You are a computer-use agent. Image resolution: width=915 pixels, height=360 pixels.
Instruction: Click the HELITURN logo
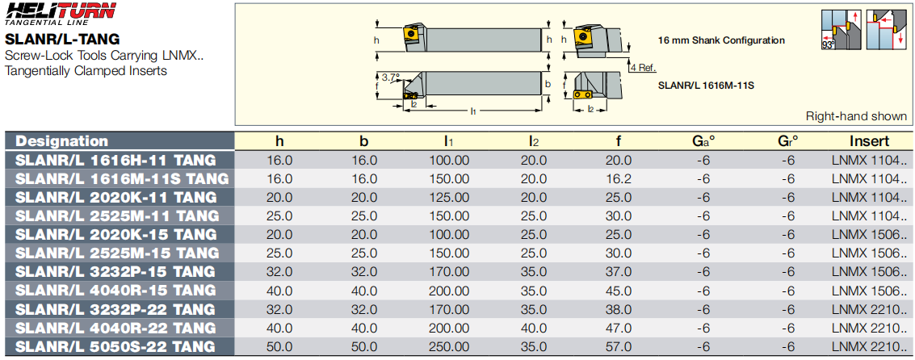(x=61, y=14)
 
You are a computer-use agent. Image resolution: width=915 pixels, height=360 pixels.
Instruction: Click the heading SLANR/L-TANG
(x=62, y=40)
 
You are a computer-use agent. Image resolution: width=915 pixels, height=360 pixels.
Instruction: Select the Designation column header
(x=62, y=141)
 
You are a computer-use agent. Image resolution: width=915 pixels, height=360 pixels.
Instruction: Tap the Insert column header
(x=869, y=141)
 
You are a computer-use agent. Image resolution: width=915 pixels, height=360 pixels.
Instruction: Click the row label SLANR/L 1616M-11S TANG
(x=121, y=178)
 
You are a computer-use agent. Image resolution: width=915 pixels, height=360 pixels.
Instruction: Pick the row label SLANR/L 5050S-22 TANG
(x=115, y=346)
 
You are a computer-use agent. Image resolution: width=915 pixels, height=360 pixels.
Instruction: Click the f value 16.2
(x=619, y=178)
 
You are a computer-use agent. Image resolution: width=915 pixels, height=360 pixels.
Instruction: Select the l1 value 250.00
(x=449, y=346)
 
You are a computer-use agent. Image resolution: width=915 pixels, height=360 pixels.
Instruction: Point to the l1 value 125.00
(x=449, y=197)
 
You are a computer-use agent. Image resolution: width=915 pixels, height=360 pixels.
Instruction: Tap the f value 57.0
(x=619, y=346)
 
